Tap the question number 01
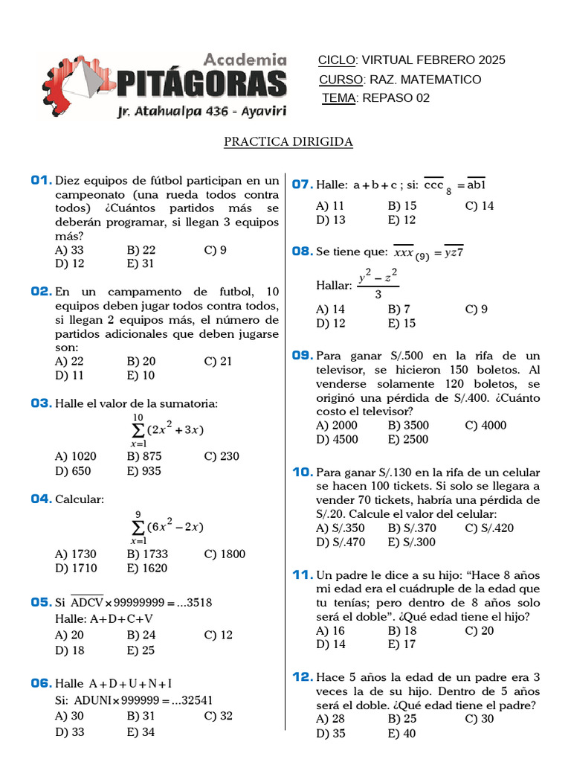pos(41,181)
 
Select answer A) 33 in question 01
pos(69,250)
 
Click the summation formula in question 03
pos(167,429)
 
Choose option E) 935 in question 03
pos(143,470)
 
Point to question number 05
pos(41,602)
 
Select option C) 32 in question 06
pos(218,716)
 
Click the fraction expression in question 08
pos(378,285)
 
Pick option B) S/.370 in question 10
pos(412,528)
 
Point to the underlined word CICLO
pos(337,60)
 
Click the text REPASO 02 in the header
pos(396,98)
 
